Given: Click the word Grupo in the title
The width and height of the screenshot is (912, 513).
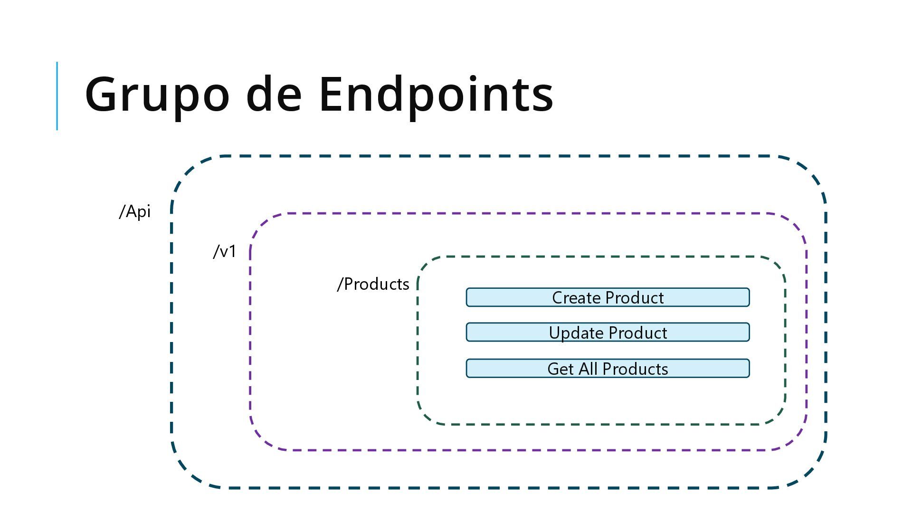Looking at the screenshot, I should tap(157, 95).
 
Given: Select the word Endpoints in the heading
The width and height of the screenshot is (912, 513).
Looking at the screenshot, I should tap(436, 95).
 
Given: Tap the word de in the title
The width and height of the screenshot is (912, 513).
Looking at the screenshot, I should tap(274, 95).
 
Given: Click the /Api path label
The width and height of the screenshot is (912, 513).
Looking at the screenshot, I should tap(135, 212).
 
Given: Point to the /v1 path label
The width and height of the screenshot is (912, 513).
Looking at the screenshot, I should tap(225, 252).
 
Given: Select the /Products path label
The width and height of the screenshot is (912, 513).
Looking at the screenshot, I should tap(373, 284).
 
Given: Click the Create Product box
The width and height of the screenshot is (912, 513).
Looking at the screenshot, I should tap(608, 297).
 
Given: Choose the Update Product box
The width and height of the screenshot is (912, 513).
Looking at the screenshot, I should tap(608, 332).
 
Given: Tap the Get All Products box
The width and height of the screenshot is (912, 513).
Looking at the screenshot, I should tap(608, 369).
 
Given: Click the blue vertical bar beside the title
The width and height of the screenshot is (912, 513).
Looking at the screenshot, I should tap(57, 95).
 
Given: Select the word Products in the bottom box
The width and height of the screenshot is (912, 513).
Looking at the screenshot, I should tap(635, 369).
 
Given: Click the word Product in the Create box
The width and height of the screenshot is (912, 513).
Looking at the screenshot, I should tap(635, 298).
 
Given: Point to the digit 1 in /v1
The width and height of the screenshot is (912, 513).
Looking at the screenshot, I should tap(231, 251).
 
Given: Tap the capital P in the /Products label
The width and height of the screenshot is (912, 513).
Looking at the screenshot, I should tap(349, 284).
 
